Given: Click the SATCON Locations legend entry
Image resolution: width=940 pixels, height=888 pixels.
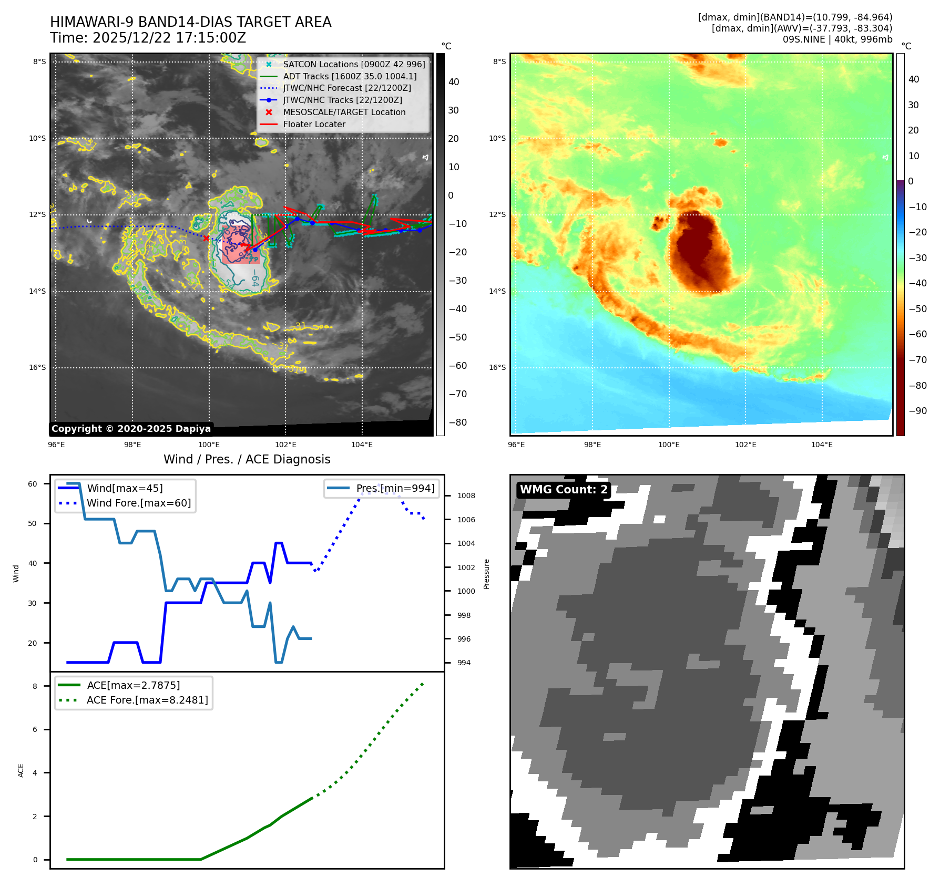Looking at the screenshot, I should coord(354,64).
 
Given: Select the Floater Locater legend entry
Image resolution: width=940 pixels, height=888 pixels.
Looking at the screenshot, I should coord(314,124).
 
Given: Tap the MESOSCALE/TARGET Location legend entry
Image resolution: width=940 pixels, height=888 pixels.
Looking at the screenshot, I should coord(344,112).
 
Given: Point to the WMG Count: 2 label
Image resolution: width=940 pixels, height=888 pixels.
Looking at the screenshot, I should coord(564,490).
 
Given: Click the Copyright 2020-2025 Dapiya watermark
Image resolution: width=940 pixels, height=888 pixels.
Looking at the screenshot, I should coord(131,429).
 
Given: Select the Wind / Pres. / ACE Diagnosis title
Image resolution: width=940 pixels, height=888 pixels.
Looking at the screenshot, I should coord(247,459).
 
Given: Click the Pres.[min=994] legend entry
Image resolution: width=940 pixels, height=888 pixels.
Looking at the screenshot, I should coord(395,488).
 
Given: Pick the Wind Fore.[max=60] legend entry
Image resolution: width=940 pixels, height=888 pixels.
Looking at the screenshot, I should coord(139,503).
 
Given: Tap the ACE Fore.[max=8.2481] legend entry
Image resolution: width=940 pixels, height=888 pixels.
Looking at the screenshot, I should coord(147,700).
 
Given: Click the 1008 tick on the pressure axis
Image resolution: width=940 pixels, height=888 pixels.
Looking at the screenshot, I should coord(466,495).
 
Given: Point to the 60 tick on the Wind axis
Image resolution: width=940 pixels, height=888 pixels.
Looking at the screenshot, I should coord(33,484).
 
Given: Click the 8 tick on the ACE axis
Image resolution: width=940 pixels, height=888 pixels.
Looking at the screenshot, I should coord(35,686).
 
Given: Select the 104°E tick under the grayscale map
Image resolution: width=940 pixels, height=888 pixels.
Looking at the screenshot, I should coord(362,445).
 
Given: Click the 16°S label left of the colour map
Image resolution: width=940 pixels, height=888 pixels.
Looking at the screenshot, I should coord(497,367).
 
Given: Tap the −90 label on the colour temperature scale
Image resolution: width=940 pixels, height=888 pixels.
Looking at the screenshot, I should coord(918,411).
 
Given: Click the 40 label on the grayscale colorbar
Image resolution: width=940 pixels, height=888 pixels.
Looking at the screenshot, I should coord(454,82).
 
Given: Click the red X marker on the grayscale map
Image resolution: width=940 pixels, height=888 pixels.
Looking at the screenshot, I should coord(206,238).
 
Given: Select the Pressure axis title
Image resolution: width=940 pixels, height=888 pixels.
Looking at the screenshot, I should coord(487,574).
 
